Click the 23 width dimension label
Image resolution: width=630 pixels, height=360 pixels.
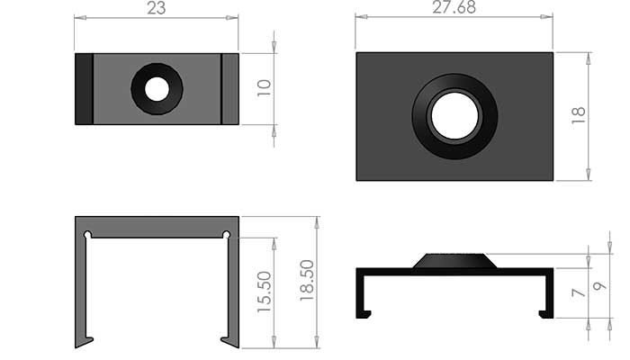click(157, 9)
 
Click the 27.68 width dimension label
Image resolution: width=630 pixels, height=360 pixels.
click(454, 8)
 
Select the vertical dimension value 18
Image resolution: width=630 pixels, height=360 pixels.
click(579, 115)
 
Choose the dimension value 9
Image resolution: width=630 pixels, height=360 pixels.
click(601, 286)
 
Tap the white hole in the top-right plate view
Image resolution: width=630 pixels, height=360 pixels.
click(454, 116)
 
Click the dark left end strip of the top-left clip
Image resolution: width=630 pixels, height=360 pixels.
click(84, 88)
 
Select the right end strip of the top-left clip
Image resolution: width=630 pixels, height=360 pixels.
click(230, 88)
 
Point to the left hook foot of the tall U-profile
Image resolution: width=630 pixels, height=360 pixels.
click(85, 341)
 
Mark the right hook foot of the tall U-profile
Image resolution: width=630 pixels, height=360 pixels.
click(229, 341)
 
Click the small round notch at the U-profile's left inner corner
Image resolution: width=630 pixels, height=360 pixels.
click(87, 236)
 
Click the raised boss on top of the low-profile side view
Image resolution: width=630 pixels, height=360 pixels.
click(454, 261)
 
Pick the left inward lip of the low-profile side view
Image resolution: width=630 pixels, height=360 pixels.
click(365, 313)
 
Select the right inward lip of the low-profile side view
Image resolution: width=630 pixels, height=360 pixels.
click(544, 313)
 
